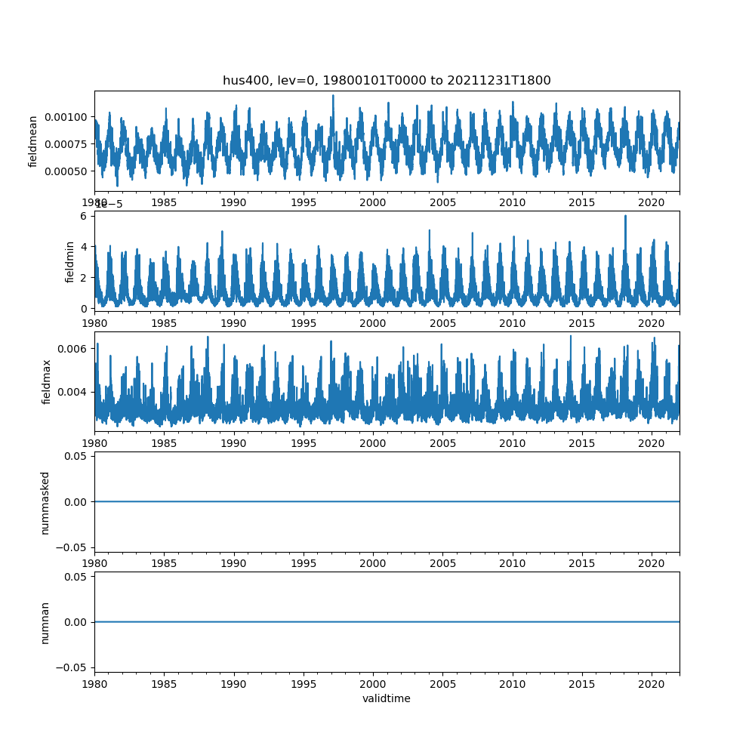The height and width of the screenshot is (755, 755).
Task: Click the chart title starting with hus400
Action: click(387, 80)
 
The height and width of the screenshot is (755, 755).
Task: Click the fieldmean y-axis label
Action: click(33, 141)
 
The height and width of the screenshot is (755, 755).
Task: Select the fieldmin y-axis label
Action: click(69, 262)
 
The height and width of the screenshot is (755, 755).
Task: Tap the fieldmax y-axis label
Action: click(47, 382)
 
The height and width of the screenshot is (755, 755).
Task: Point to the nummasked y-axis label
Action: click(45, 503)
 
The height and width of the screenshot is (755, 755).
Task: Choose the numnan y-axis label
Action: click(45, 622)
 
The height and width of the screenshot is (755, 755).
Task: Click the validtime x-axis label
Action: click(387, 698)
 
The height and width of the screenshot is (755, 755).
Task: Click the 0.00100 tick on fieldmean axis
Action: click(67, 117)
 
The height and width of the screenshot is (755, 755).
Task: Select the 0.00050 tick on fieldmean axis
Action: click(67, 171)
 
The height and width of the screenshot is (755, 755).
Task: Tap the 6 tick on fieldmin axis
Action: click(85, 216)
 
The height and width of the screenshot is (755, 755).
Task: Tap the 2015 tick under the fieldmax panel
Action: click(582, 443)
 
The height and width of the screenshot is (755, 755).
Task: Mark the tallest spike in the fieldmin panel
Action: click(625, 216)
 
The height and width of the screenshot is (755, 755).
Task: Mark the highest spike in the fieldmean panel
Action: click(333, 96)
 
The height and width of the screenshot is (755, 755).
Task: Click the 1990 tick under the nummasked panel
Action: click(234, 563)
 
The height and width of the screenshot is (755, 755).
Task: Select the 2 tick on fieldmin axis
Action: click(85, 277)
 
